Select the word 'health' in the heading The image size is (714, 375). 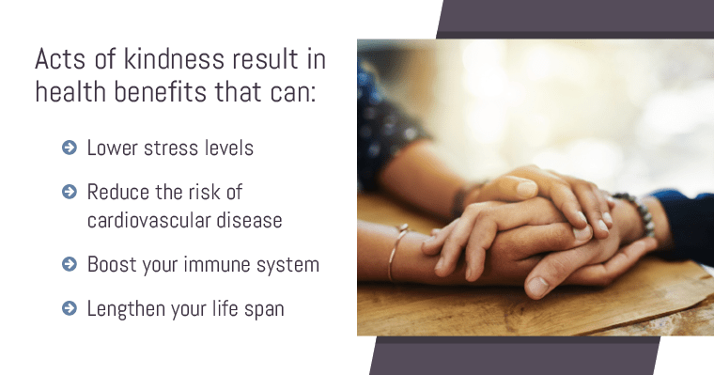pyautogui.click(x=70, y=93)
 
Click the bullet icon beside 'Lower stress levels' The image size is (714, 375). pyautogui.click(x=68, y=148)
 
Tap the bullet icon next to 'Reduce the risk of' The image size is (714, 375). pyautogui.click(x=68, y=192)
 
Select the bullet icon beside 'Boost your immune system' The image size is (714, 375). pyautogui.click(x=68, y=265)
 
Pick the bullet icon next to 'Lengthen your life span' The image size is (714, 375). pyautogui.click(x=68, y=307)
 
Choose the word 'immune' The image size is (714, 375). pyautogui.click(x=223, y=265)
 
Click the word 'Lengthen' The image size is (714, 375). pyautogui.click(x=126, y=308)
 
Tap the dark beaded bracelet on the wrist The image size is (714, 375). pyautogui.click(x=640, y=212)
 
